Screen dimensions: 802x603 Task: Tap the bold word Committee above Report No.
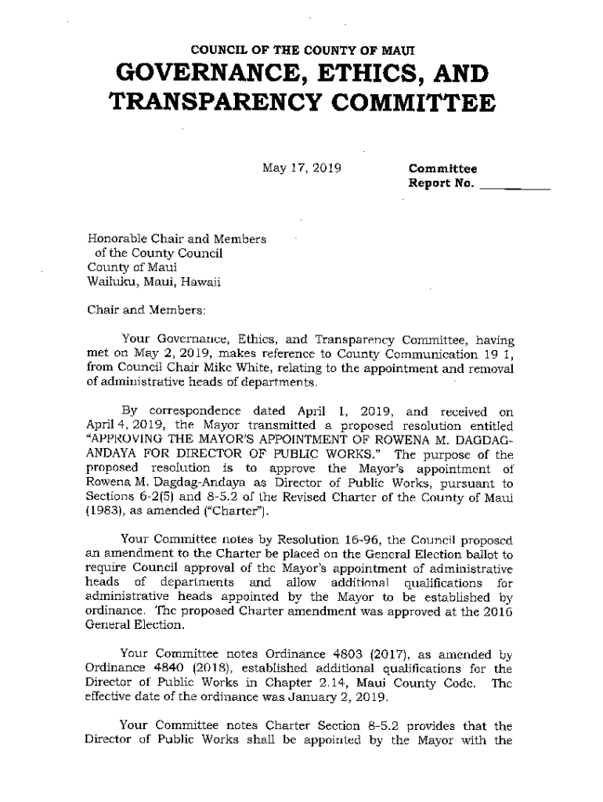442,168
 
